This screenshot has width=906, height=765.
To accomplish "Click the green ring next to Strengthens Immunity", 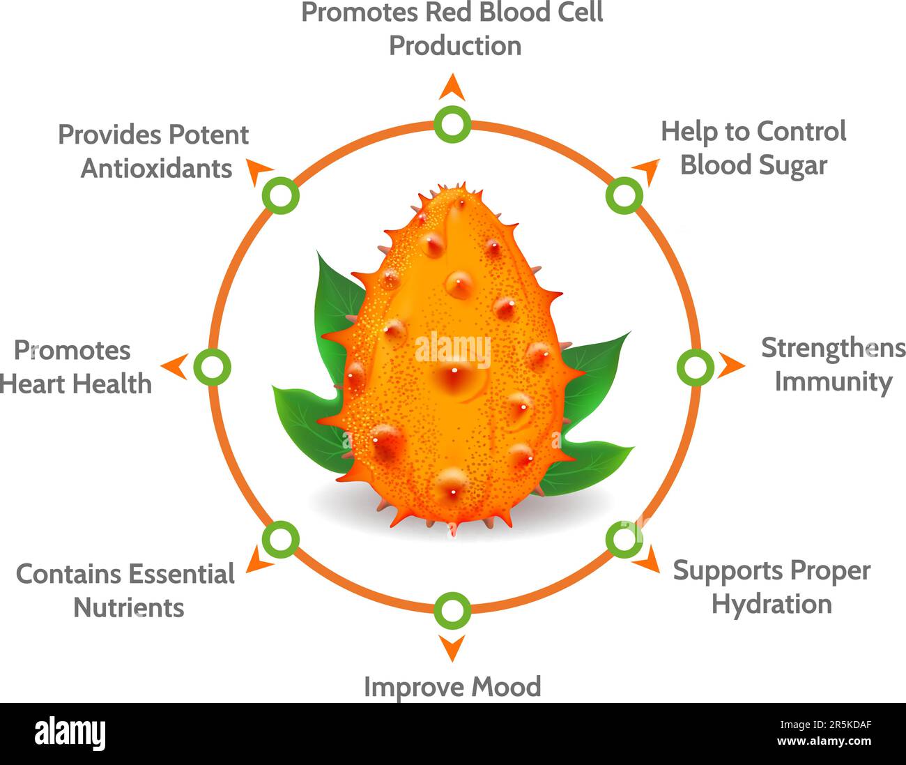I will tap(695, 367).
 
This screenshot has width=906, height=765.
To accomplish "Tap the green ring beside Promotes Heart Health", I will tap(211, 367).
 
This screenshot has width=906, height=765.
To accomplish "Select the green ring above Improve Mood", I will tap(452, 610).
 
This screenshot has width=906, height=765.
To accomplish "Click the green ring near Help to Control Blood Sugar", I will tap(624, 195).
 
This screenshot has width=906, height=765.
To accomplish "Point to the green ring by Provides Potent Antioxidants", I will tap(280, 196).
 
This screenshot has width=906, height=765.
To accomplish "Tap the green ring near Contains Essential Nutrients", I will tap(280, 539).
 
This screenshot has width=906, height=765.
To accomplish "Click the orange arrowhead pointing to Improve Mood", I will tap(452, 647).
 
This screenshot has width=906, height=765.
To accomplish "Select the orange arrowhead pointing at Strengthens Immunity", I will tap(731, 365).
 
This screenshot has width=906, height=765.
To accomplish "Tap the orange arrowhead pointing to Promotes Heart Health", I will tap(175, 366).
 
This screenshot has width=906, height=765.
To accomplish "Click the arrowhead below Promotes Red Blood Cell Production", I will tap(452, 87).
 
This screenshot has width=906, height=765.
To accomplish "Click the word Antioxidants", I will tap(156, 168).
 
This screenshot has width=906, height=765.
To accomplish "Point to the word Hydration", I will tap(771, 604).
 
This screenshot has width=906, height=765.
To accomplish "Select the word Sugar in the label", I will tap(794, 166).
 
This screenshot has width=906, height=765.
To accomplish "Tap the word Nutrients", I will tap(129, 607).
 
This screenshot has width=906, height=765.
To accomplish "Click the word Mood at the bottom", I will tap(506, 687).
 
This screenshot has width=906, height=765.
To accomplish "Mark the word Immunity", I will tap(834, 382).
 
